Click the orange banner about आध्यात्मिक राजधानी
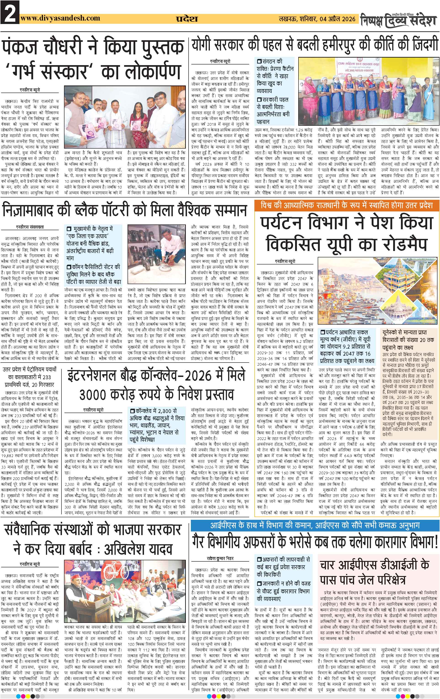click(x=344, y=205)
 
